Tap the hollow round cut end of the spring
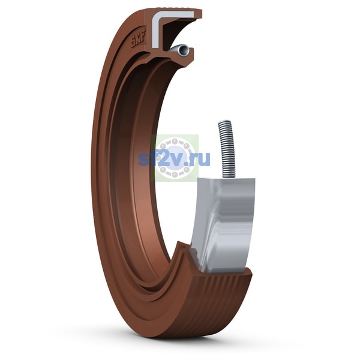(x=184, y=50)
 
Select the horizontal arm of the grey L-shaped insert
(x=177, y=14)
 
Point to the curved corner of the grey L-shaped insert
(x=156, y=15)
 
